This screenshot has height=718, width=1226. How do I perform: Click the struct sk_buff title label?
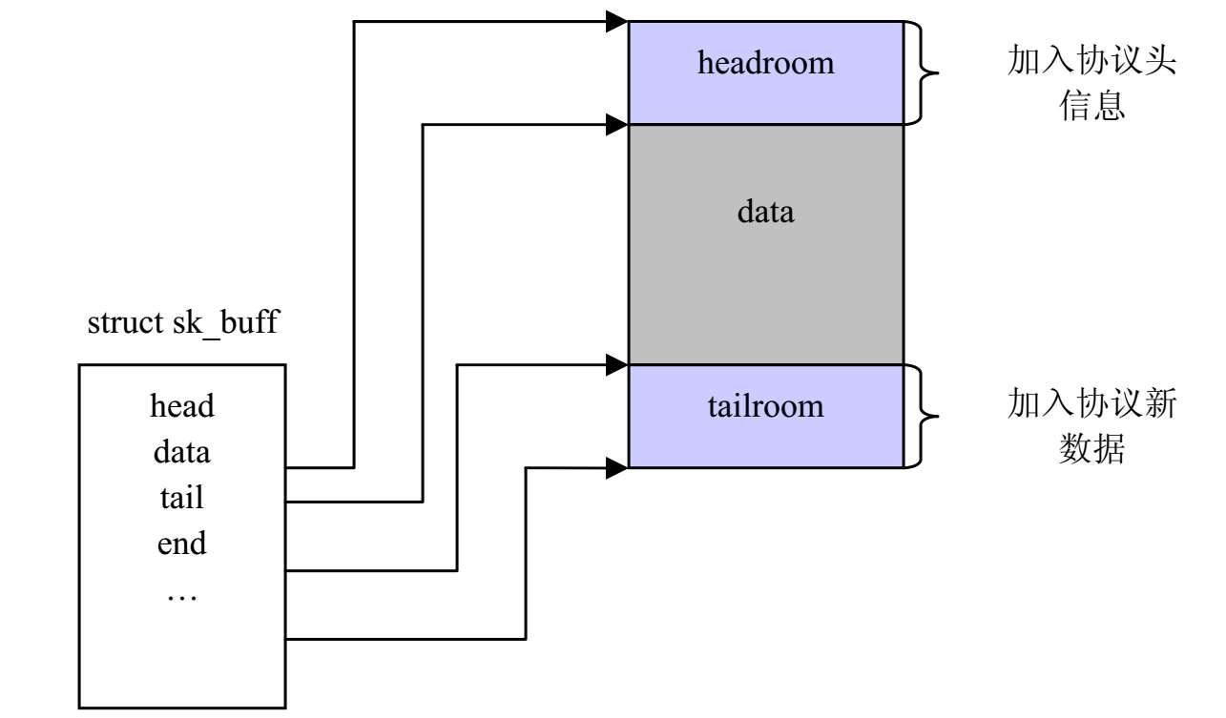pos(182,322)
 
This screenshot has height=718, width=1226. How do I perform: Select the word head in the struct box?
pos(182,406)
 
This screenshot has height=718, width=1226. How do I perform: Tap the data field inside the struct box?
pos(182,451)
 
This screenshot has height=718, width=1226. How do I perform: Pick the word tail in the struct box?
pos(182,497)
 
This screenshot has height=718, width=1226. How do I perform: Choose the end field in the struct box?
pos(182,544)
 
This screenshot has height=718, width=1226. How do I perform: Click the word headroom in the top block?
pos(765,63)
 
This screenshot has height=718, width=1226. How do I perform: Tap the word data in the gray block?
pos(765,211)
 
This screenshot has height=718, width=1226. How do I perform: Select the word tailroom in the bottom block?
pos(765,406)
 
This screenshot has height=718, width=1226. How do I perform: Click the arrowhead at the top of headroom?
pos(617,20)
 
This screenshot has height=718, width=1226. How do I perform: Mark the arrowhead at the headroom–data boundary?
pos(617,122)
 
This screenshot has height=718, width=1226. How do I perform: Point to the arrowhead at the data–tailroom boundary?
pos(617,363)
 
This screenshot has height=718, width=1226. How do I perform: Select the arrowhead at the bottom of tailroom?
pos(617,466)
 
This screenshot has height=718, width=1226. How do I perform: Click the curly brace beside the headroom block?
pos(924,72)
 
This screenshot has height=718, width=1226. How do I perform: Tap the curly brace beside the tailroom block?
pos(924,416)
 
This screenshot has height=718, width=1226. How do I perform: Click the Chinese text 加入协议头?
pos(1091,63)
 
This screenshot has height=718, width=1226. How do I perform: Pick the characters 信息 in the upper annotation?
pos(1091,106)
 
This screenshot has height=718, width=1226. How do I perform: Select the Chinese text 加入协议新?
pos(1091,405)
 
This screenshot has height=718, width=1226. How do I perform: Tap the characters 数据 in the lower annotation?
pos(1091,449)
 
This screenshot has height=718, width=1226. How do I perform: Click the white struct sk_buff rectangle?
pos(182,648)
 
